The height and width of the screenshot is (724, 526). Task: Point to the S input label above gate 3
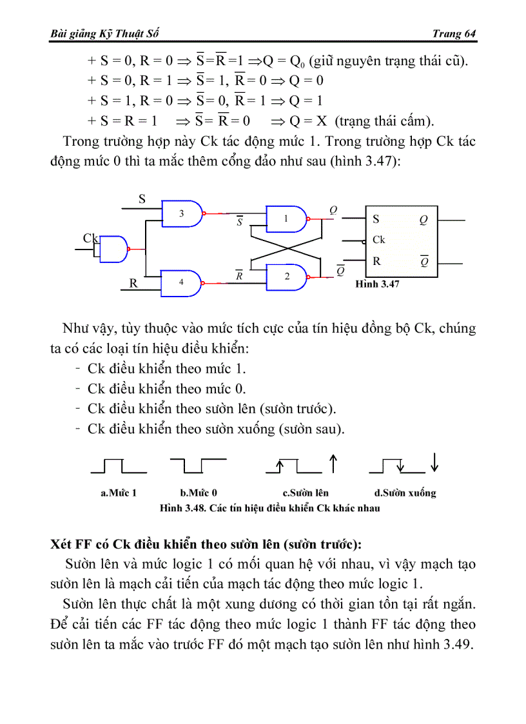142,199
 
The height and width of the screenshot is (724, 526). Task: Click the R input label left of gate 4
133,283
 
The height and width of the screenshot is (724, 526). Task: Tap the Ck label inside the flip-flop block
378,240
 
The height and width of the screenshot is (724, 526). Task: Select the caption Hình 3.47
378,284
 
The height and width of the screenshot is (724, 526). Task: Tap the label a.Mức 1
119,493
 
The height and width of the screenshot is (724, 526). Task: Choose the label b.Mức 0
199,493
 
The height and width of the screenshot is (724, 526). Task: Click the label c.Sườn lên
306,493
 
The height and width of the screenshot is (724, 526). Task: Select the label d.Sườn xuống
405,493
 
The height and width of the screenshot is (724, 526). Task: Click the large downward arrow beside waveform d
435,462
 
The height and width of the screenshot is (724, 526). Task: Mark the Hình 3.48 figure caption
269,508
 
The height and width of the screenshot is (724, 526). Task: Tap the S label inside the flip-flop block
376,219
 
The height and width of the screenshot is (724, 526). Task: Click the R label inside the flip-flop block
376,261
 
